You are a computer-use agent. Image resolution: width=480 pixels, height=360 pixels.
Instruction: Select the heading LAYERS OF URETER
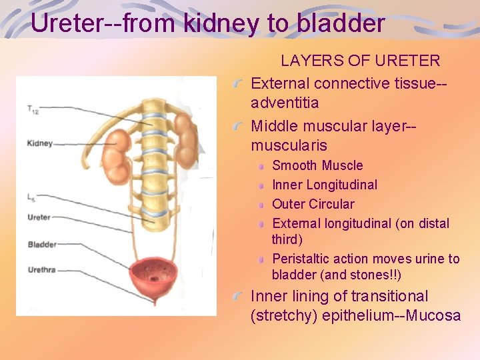click(x=360, y=61)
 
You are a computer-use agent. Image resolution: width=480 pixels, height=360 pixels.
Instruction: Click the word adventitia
click(x=285, y=103)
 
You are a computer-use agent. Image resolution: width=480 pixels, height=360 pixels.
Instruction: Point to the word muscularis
click(x=289, y=145)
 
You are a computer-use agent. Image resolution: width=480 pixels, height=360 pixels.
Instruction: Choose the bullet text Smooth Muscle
click(x=317, y=165)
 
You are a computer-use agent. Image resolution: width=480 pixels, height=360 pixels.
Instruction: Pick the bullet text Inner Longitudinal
click(x=325, y=185)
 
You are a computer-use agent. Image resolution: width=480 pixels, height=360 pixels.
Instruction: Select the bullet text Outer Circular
click(x=313, y=204)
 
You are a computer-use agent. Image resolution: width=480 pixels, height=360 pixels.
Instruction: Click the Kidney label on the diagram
click(x=39, y=143)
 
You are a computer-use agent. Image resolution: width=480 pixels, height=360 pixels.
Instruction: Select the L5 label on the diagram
click(x=32, y=197)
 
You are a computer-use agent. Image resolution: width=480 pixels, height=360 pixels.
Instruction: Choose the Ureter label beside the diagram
click(x=39, y=217)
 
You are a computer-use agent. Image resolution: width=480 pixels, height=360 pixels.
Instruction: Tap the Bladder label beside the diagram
click(x=42, y=245)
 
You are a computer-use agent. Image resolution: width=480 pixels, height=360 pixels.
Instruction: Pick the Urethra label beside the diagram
click(x=41, y=270)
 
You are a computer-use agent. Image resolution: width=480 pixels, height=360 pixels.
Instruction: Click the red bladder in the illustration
click(x=158, y=280)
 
